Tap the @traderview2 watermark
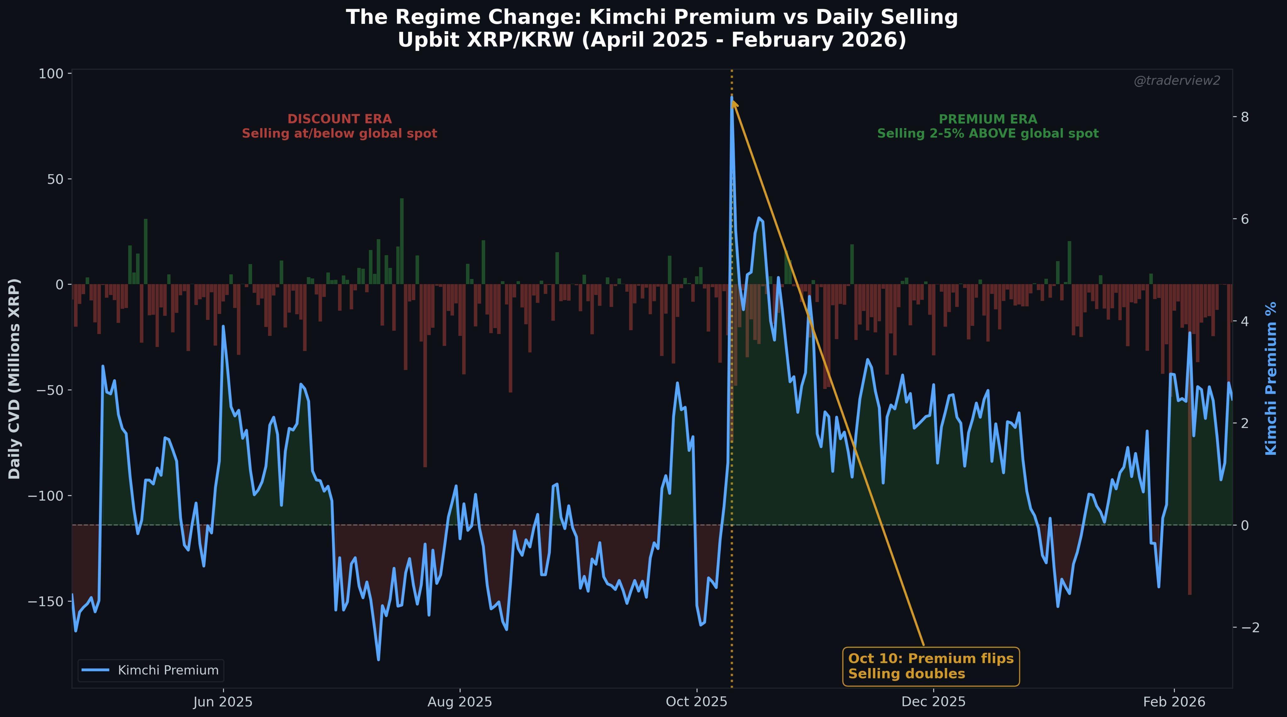(x=1177, y=81)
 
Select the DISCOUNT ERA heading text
(x=339, y=119)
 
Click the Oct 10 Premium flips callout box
(x=931, y=666)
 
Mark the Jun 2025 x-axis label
(x=223, y=702)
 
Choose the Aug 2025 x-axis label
(x=460, y=702)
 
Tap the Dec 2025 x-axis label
(x=933, y=702)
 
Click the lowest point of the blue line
(x=378, y=660)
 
